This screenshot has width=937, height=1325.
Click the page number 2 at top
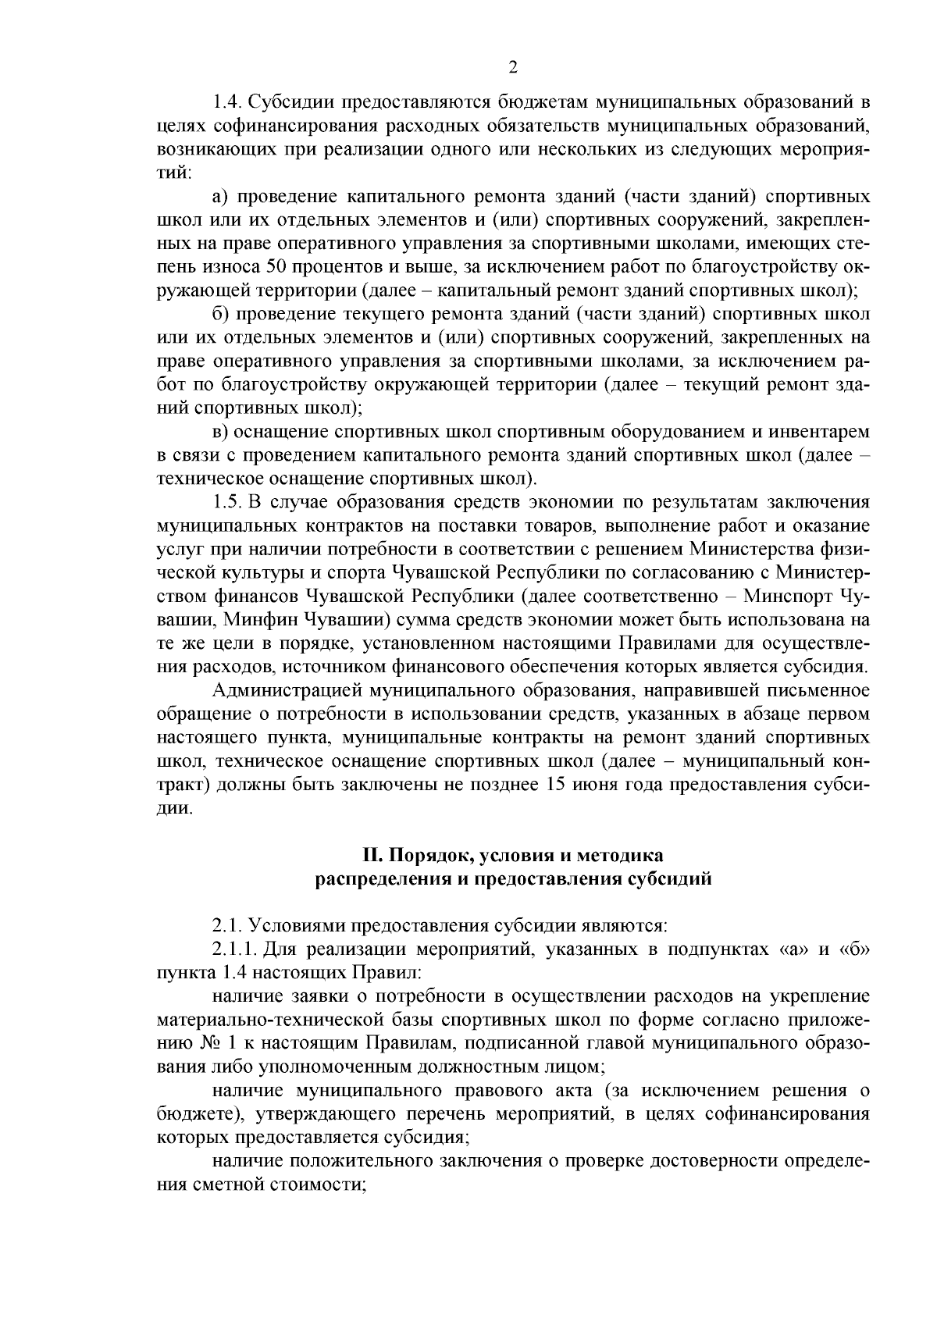(x=513, y=68)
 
